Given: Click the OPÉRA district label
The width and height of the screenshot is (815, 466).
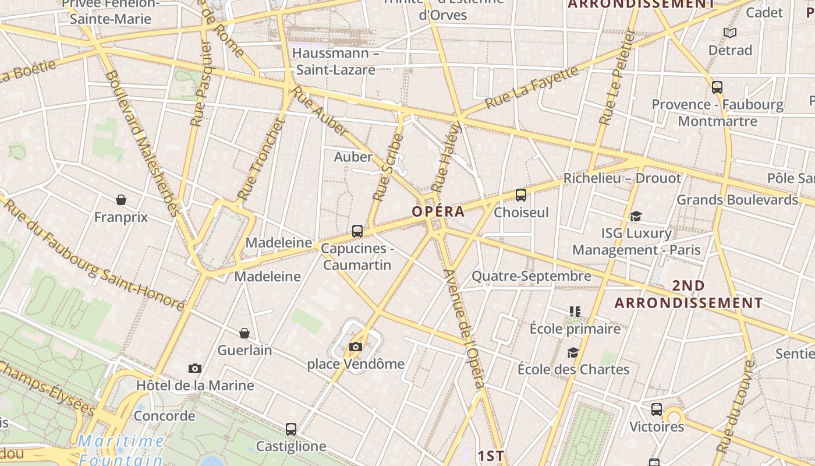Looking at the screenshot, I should (438, 211).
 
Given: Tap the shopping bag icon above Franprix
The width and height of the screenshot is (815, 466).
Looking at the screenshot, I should (121, 200).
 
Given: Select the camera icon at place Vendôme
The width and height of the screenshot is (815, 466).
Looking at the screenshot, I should (355, 347).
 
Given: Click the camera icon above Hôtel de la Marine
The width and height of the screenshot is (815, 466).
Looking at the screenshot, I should (195, 368).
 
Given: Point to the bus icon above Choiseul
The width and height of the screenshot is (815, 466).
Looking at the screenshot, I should (521, 195).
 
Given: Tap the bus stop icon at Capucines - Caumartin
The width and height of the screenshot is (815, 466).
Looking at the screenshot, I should (357, 231).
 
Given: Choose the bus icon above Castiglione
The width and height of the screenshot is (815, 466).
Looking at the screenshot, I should (291, 429).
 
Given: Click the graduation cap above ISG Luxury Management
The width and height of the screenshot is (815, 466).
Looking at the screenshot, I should (636, 217).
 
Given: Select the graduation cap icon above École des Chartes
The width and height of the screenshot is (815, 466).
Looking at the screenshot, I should (573, 353).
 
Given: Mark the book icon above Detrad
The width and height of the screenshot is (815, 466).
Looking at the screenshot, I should (730, 33).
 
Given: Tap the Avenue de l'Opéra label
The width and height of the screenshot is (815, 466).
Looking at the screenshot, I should (463, 329).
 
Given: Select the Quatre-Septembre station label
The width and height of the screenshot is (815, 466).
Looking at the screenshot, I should (531, 276).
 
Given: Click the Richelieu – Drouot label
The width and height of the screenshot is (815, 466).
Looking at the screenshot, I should (622, 178).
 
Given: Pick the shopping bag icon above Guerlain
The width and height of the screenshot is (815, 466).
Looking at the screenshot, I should (245, 333).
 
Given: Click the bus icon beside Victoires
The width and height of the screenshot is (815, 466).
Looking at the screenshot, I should (657, 409).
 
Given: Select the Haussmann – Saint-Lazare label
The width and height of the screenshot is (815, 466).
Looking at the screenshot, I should (335, 61).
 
